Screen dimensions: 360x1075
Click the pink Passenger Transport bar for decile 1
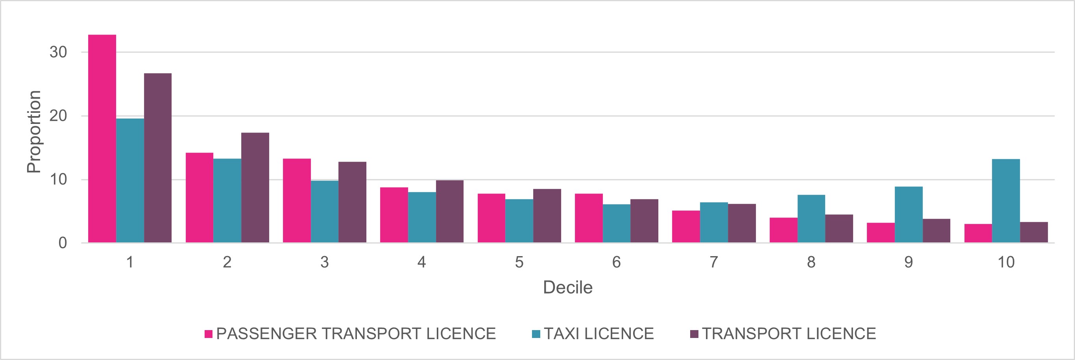click(102, 138)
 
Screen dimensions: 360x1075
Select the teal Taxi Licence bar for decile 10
click(1006, 201)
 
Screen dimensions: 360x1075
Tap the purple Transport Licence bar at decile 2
click(255, 187)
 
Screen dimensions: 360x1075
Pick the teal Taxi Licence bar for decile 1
click(130, 180)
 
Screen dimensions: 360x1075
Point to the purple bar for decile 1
click(158, 158)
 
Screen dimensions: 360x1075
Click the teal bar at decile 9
click(909, 214)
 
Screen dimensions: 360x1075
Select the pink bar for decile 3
click(297, 201)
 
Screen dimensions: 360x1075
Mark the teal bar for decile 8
click(811, 219)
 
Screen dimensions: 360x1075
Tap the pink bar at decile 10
click(978, 233)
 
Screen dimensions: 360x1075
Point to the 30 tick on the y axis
click(58, 52)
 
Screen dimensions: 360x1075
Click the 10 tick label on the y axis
click(58, 179)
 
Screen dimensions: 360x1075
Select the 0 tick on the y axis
click(63, 243)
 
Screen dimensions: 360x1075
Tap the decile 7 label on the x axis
click(714, 262)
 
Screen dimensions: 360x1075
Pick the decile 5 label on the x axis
click(519, 262)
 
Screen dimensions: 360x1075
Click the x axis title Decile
click(567, 288)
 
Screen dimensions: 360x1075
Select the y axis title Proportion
click(33, 131)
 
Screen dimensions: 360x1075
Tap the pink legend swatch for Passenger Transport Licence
click(209, 334)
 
